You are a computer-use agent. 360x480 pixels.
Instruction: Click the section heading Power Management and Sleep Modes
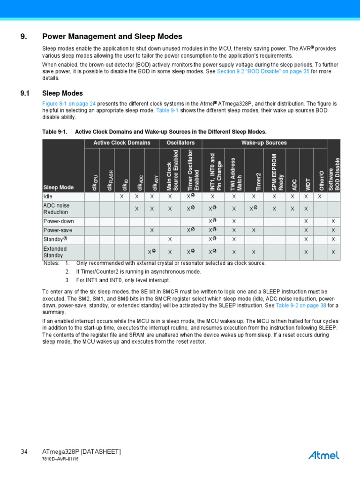click(112, 37)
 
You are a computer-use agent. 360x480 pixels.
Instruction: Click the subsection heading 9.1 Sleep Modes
click(62, 93)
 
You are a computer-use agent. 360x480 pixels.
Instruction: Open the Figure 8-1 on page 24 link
click(69, 103)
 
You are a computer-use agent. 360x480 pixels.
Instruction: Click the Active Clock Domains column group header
click(122, 143)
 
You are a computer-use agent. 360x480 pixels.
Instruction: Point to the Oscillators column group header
click(180, 143)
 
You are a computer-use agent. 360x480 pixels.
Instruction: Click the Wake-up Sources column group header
click(264, 143)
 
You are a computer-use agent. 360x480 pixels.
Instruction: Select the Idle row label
click(48, 196)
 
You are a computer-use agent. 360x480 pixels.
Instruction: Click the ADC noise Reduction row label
click(56, 209)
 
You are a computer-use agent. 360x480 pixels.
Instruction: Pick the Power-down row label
click(59, 221)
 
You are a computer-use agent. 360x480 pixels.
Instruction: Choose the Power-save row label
click(58, 230)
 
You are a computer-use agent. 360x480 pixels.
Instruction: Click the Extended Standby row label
click(55, 252)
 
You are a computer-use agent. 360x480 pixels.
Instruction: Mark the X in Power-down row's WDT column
click(306, 221)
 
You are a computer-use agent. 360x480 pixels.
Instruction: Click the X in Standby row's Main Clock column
click(170, 240)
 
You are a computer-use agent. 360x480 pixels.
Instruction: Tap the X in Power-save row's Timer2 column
click(253, 230)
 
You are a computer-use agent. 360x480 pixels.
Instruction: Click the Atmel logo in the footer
click(324, 455)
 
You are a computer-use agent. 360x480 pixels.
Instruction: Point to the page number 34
click(24, 452)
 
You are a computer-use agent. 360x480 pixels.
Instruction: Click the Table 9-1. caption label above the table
click(55, 132)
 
